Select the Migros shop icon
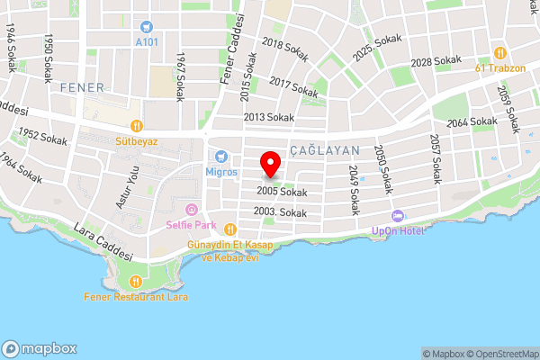point(220,157)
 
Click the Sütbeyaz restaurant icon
point(137,126)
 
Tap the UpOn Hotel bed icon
point(397,216)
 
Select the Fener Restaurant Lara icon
point(135,282)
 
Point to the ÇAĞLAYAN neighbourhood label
point(325,150)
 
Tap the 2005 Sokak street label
point(281,192)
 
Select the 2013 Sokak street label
point(268,117)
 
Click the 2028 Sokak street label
point(435,61)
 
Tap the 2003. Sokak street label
point(280,212)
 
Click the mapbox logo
point(40,348)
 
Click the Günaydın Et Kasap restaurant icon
point(229,229)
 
